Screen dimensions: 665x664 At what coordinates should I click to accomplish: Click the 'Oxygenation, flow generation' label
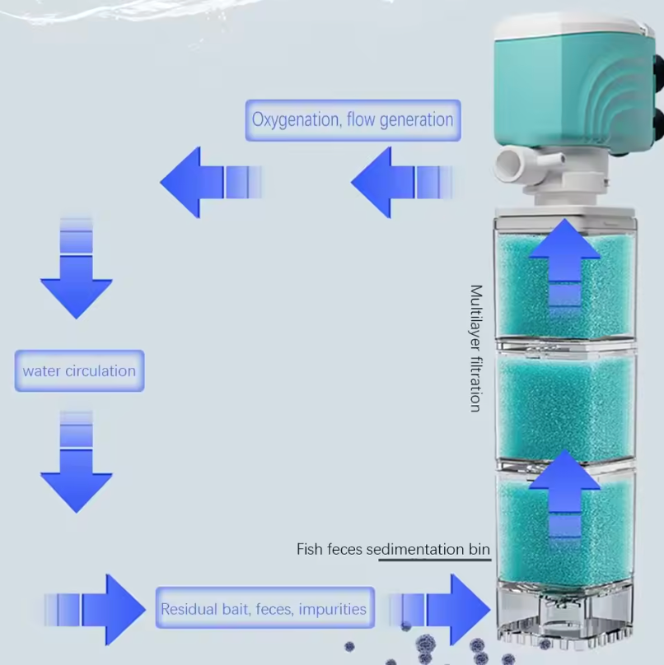pyautogui.click(x=353, y=120)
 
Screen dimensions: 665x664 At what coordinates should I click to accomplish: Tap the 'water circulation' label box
pyautogui.click(x=79, y=371)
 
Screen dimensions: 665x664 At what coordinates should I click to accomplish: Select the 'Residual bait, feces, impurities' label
pyautogui.click(x=264, y=610)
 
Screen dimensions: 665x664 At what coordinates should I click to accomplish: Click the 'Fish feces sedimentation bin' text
pyautogui.click(x=393, y=549)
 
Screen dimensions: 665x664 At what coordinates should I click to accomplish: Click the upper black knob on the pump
pyautogui.click(x=657, y=69)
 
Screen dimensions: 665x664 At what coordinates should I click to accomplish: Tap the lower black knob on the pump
pyautogui.click(x=657, y=124)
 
